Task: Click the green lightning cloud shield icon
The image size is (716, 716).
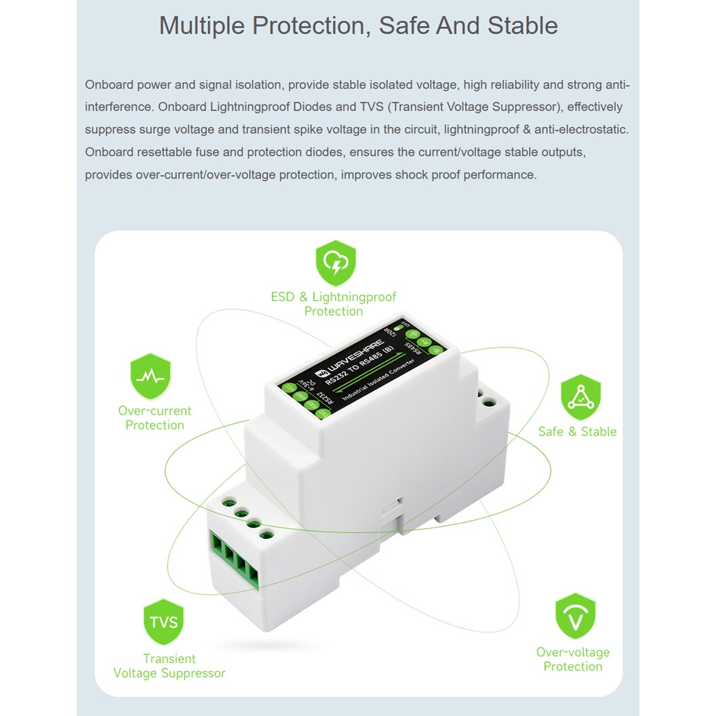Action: click(x=336, y=263)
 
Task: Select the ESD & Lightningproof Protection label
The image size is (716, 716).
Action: click(x=334, y=304)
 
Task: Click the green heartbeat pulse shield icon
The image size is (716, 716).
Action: click(x=151, y=377)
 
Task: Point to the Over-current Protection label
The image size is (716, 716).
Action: click(x=155, y=418)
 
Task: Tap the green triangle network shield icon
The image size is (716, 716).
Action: click(x=580, y=398)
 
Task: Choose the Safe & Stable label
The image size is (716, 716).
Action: click(x=577, y=431)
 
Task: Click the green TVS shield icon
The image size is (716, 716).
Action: click(x=163, y=621)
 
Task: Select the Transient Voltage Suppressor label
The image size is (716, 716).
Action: click(x=169, y=666)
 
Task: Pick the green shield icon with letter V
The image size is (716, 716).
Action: click(x=575, y=616)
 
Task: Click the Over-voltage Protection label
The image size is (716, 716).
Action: click(x=573, y=659)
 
